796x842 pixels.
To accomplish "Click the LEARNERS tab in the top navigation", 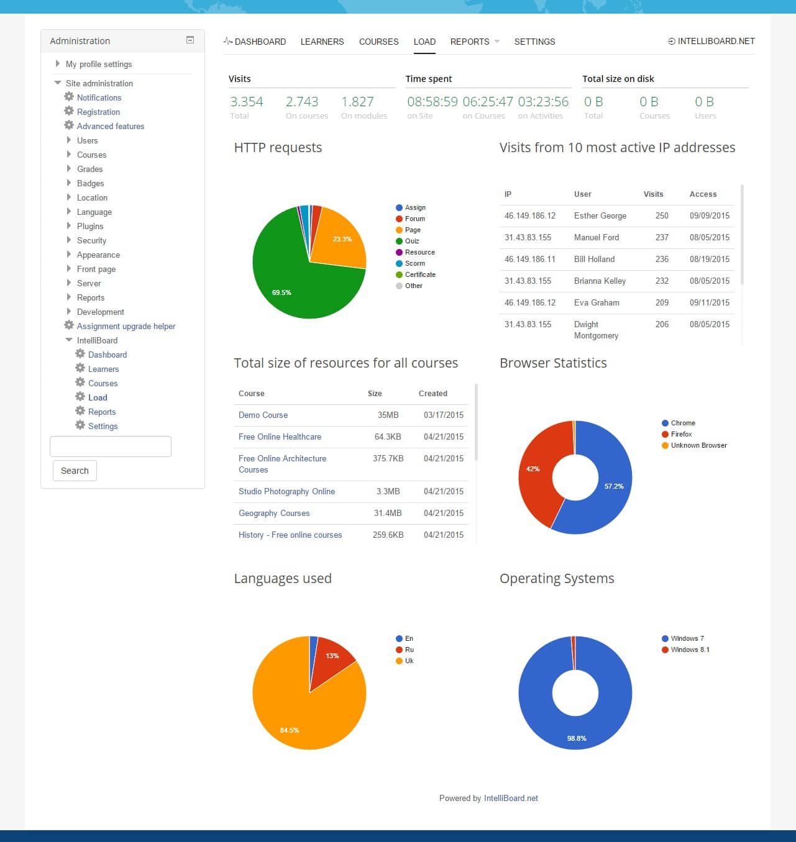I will pyautogui.click(x=322, y=42).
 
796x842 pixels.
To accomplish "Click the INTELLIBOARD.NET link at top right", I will pyautogui.click(x=711, y=41).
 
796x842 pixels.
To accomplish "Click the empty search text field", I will pyautogui.click(x=110, y=446).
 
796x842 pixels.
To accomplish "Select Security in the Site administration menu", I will pyautogui.click(x=91, y=240).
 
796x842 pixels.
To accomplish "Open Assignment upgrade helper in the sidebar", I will pyautogui.click(x=126, y=326).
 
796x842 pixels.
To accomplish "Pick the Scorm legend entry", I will pyautogui.click(x=414, y=263).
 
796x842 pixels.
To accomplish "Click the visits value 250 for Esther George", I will pyautogui.click(x=662, y=215).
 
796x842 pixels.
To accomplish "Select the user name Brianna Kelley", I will pyautogui.click(x=600, y=281).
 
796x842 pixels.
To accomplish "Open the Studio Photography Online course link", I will pyautogui.click(x=286, y=491).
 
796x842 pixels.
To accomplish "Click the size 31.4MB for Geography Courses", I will pyautogui.click(x=388, y=513).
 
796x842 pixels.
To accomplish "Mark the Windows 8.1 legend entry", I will pyautogui.click(x=690, y=650).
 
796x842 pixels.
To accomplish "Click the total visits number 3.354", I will pyautogui.click(x=247, y=101).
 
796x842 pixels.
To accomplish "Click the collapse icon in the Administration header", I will pyautogui.click(x=190, y=40).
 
